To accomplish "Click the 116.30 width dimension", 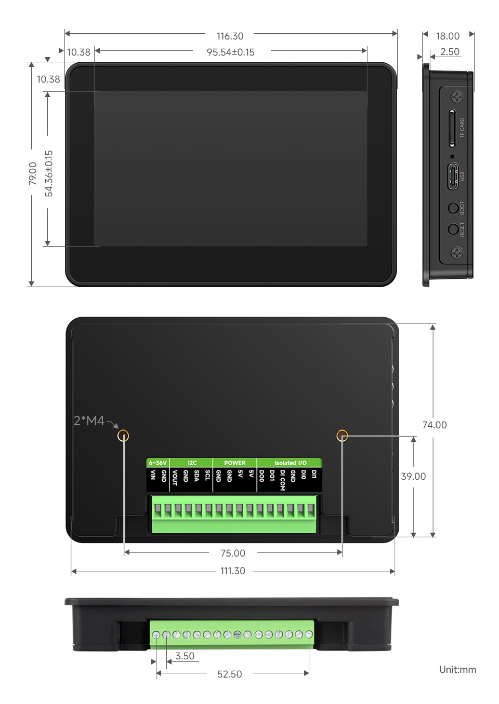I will [230, 36].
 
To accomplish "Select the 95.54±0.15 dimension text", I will [230, 52].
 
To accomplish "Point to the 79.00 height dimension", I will [33, 173].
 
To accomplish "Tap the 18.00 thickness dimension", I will [448, 36].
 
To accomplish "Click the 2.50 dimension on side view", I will [450, 52].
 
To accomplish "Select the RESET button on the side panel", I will [453, 229].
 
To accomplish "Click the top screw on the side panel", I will [456, 97].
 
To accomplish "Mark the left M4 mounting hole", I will [123, 436].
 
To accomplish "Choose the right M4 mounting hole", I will [342, 436].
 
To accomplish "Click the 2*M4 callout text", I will [89, 421].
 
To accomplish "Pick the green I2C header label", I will [192, 463].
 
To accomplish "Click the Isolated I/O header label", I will [290, 463].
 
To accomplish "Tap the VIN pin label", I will [153, 475].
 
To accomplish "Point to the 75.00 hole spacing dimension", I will [233, 553].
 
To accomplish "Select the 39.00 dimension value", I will [413, 477].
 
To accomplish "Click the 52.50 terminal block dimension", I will [230, 674].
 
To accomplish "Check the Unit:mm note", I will [457, 670].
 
